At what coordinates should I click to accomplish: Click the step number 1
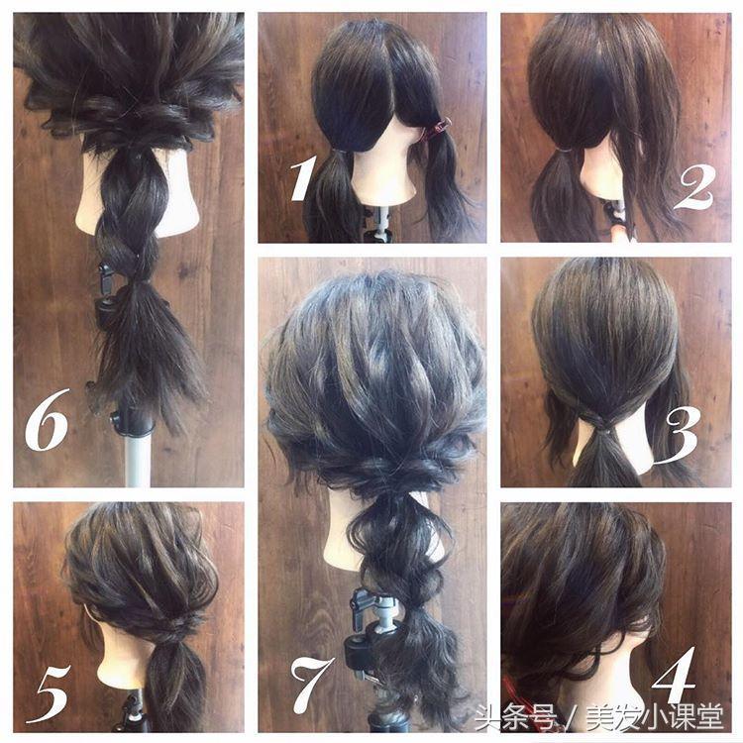(x=302, y=179)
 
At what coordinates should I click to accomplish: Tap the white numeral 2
(x=694, y=190)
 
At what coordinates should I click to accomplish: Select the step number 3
(x=680, y=436)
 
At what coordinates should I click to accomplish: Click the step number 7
(x=311, y=687)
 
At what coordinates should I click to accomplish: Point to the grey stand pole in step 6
(x=138, y=459)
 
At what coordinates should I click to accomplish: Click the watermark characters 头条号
(x=515, y=717)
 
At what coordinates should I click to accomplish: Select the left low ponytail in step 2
(x=557, y=194)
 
